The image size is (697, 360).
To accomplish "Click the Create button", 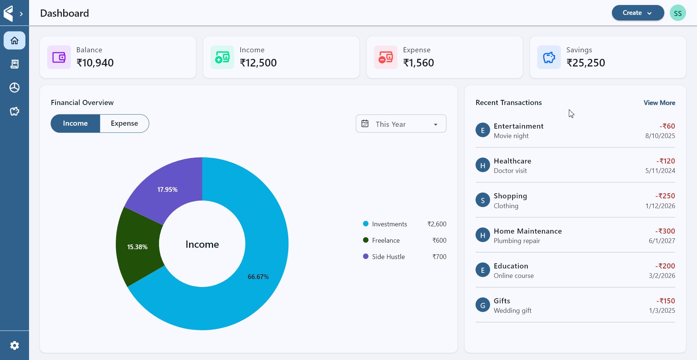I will (x=637, y=13).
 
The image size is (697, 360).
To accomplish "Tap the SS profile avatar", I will (x=677, y=13).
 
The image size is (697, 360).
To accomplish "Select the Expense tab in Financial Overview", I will (x=124, y=124).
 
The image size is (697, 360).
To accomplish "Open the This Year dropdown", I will (x=401, y=124).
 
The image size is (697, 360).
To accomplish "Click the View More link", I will (x=659, y=103).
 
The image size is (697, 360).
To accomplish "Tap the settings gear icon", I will (x=15, y=345).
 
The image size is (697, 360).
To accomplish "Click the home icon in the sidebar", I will (x=15, y=40).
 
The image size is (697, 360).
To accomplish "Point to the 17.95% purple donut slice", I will (x=167, y=189).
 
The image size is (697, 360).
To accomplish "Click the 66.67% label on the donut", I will (x=258, y=277).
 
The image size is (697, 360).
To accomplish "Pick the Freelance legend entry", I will (x=386, y=240).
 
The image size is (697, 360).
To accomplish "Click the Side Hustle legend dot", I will (x=366, y=256).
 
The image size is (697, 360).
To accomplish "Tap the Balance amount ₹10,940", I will (x=95, y=63).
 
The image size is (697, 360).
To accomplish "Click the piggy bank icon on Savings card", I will (x=549, y=57).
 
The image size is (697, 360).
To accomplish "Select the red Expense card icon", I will (x=386, y=57).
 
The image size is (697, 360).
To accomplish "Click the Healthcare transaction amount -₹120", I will (x=665, y=161).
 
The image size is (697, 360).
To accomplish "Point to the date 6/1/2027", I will (x=662, y=241).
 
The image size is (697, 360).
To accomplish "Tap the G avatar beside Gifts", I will (x=482, y=305).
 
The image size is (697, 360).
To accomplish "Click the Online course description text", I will (x=514, y=276).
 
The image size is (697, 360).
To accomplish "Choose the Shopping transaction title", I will (x=510, y=196).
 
